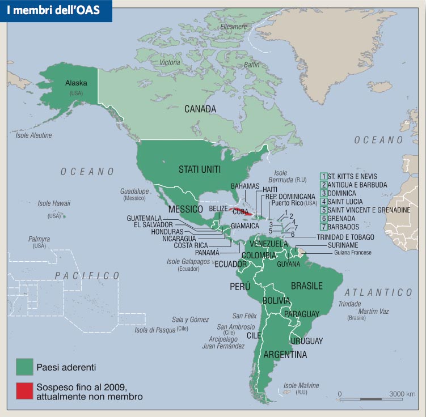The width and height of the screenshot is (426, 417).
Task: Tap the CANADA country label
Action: pyautogui.click(x=200, y=109)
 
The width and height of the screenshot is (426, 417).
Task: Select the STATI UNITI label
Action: pyautogui.click(x=200, y=169)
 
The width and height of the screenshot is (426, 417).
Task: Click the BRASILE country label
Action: pyautogui.click(x=306, y=286)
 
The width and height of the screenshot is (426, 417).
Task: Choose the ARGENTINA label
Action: pyautogui.click(x=285, y=355)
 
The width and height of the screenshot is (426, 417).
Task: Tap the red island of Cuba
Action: pyautogui.click(x=241, y=211)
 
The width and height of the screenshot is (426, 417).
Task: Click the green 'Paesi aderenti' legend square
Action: pyautogui.click(x=24, y=367)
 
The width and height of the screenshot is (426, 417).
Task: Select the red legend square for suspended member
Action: pyautogui.click(x=24, y=391)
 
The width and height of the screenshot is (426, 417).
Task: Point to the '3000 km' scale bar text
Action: pyautogui.click(x=402, y=394)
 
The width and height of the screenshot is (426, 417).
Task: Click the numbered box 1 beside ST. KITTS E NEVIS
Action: pyautogui.click(x=323, y=177)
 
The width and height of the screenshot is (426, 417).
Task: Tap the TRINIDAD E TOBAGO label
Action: pyautogui.click(x=345, y=237)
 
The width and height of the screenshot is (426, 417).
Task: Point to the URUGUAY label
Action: pyautogui.click(x=306, y=341)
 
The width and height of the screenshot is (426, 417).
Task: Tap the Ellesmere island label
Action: pyautogui.click(x=233, y=27)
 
